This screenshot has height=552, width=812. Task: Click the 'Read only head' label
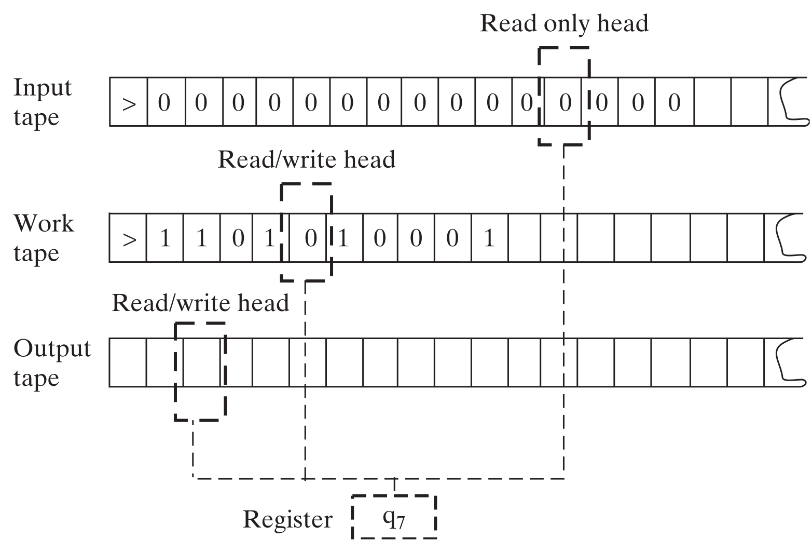pyautogui.click(x=564, y=23)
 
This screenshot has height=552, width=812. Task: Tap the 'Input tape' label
pyautogui.click(x=43, y=102)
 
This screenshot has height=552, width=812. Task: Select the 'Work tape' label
pyautogui.click(x=44, y=238)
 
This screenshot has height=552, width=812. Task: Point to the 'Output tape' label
pyautogui.click(x=52, y=362)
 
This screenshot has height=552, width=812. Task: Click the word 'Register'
pyautogui.click(x=287, y=519)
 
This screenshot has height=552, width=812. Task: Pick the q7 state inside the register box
pyautogui.click(x=394, y=518)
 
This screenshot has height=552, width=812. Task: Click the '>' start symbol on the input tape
pyautogui.click(x=129, y=103)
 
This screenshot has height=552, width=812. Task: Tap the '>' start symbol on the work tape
pyautogui.click(x=129, y=239)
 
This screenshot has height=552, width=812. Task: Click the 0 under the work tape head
pyautogui.click(x=310, y=239)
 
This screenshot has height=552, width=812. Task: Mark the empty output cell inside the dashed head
pyautogui.click(x=202, y=362)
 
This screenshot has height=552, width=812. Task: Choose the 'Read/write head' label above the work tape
pyautogui.click(x=306, y=159)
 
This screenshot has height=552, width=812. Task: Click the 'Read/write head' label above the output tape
pyautogui.click(x=200, y=303)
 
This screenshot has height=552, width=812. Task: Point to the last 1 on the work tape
pyautogui.click(x=489, y=239)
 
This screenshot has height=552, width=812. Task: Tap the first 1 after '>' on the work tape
pyautogui.click(x=165, y=239)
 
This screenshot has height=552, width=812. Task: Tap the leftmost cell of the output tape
pyautogui.click(x=128, y=362)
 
